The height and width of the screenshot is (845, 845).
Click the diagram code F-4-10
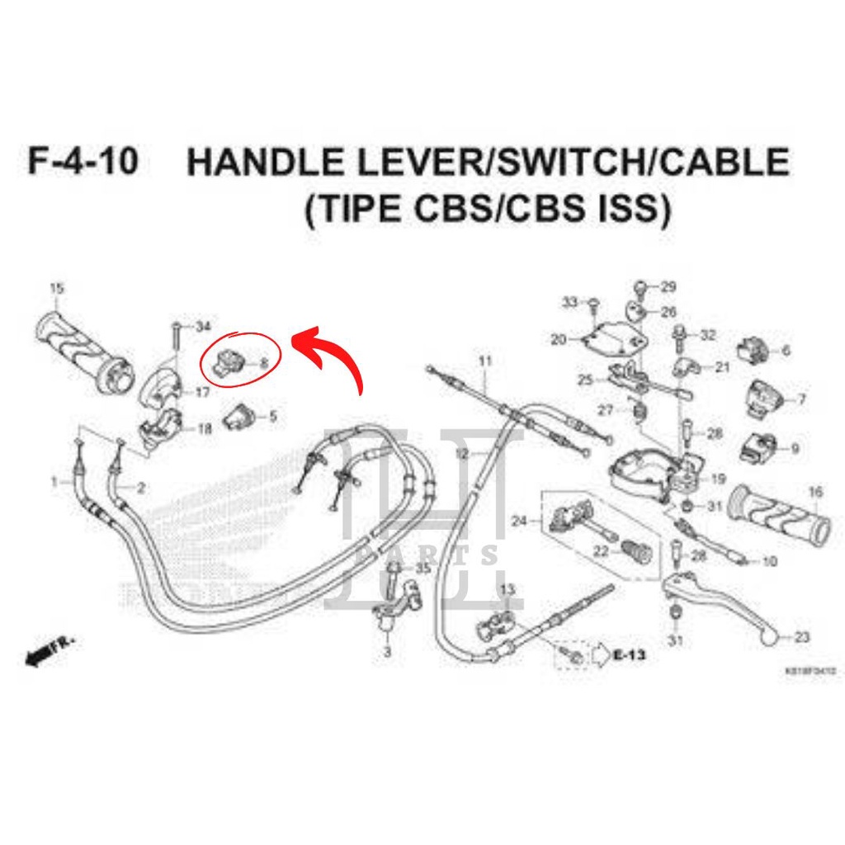tap(82, 162)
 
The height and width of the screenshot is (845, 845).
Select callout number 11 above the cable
tap(484, 361)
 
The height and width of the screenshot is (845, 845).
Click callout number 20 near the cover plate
tap(559, 339)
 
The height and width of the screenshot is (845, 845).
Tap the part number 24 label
tap(518, 521)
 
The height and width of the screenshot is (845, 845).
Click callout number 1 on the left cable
tap(54, 481)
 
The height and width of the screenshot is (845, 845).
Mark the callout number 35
tap(423, 569)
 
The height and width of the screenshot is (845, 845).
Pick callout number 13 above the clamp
tap(507, 588)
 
